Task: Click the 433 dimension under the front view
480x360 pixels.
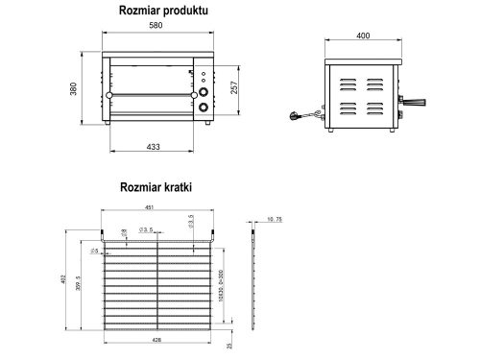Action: click(x=155, y=147)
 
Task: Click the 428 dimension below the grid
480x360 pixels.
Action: click(x=157, y=339)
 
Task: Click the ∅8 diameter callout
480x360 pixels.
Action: click(x=124, y=231)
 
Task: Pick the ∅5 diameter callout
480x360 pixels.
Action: click(x=94, y=250)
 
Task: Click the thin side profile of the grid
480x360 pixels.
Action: click(x=253, y=278)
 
